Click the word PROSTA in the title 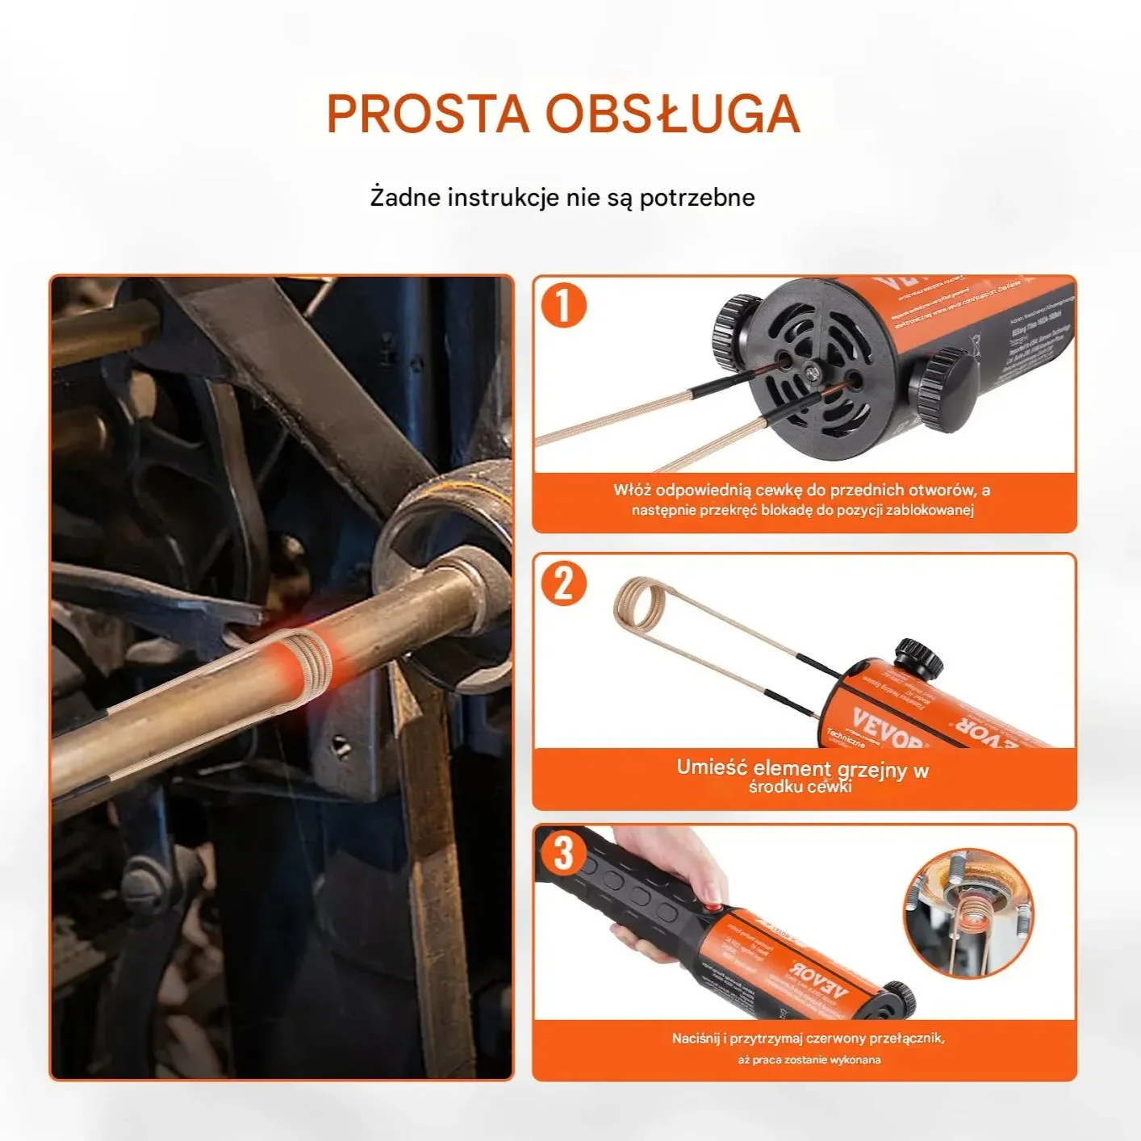[427, 114]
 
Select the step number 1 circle [563, 307]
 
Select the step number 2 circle [563, 583]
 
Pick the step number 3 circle [563, 853]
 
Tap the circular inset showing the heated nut [968, 912]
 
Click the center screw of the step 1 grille [811, 370]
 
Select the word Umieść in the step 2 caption [712, 767]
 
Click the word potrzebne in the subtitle [697, 198]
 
